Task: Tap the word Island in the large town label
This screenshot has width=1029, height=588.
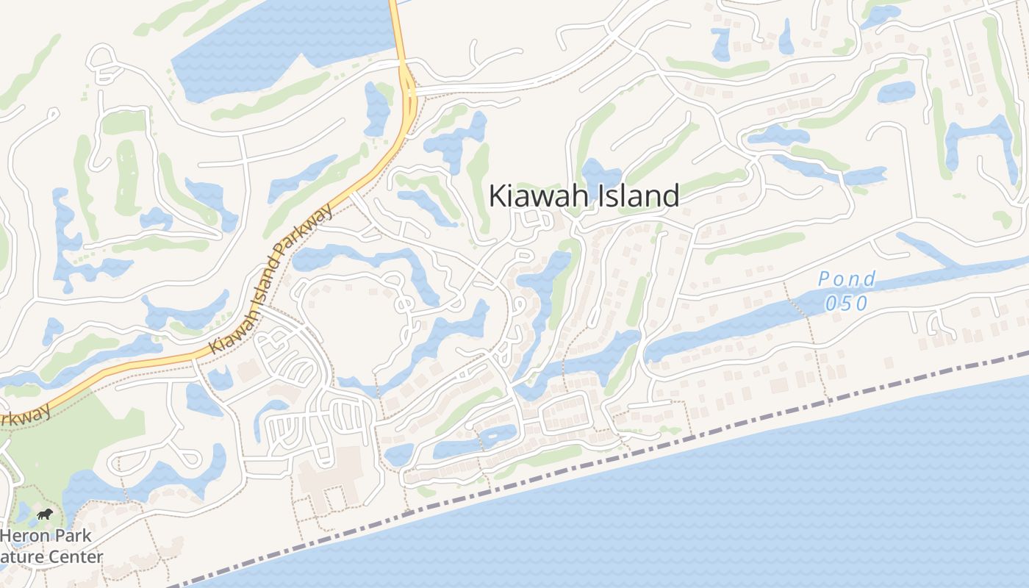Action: click(x=636, y=196)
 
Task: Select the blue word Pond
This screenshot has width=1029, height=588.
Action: click(x=847, y=279)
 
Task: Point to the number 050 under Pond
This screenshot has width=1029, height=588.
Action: click(x=846, y=303)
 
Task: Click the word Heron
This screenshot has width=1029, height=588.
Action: click(x=26, y=536)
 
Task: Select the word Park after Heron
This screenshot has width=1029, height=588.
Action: click(x=72, y=536)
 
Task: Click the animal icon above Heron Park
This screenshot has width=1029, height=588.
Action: click(x=45, y=514)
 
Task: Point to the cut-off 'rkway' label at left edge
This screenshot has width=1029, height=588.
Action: click(x=26, y=414)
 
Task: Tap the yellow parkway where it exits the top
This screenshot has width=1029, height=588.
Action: click(x=395, y=11)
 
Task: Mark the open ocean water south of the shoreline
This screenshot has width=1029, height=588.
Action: click(x=735, y=514)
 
